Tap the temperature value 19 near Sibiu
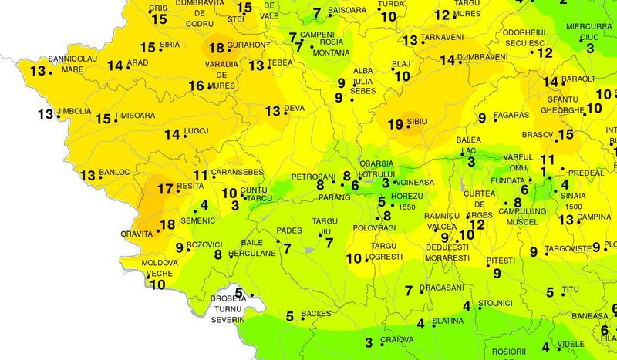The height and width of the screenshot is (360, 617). [394, 123]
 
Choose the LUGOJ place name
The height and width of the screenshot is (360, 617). [197, 133]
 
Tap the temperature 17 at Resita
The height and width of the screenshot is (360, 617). [164, 189]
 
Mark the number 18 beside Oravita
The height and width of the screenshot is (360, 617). [167, 225]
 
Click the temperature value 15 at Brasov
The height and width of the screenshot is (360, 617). [565, 134]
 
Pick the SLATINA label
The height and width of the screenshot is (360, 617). [447, 321]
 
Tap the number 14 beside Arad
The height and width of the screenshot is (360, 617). [115, 66]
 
